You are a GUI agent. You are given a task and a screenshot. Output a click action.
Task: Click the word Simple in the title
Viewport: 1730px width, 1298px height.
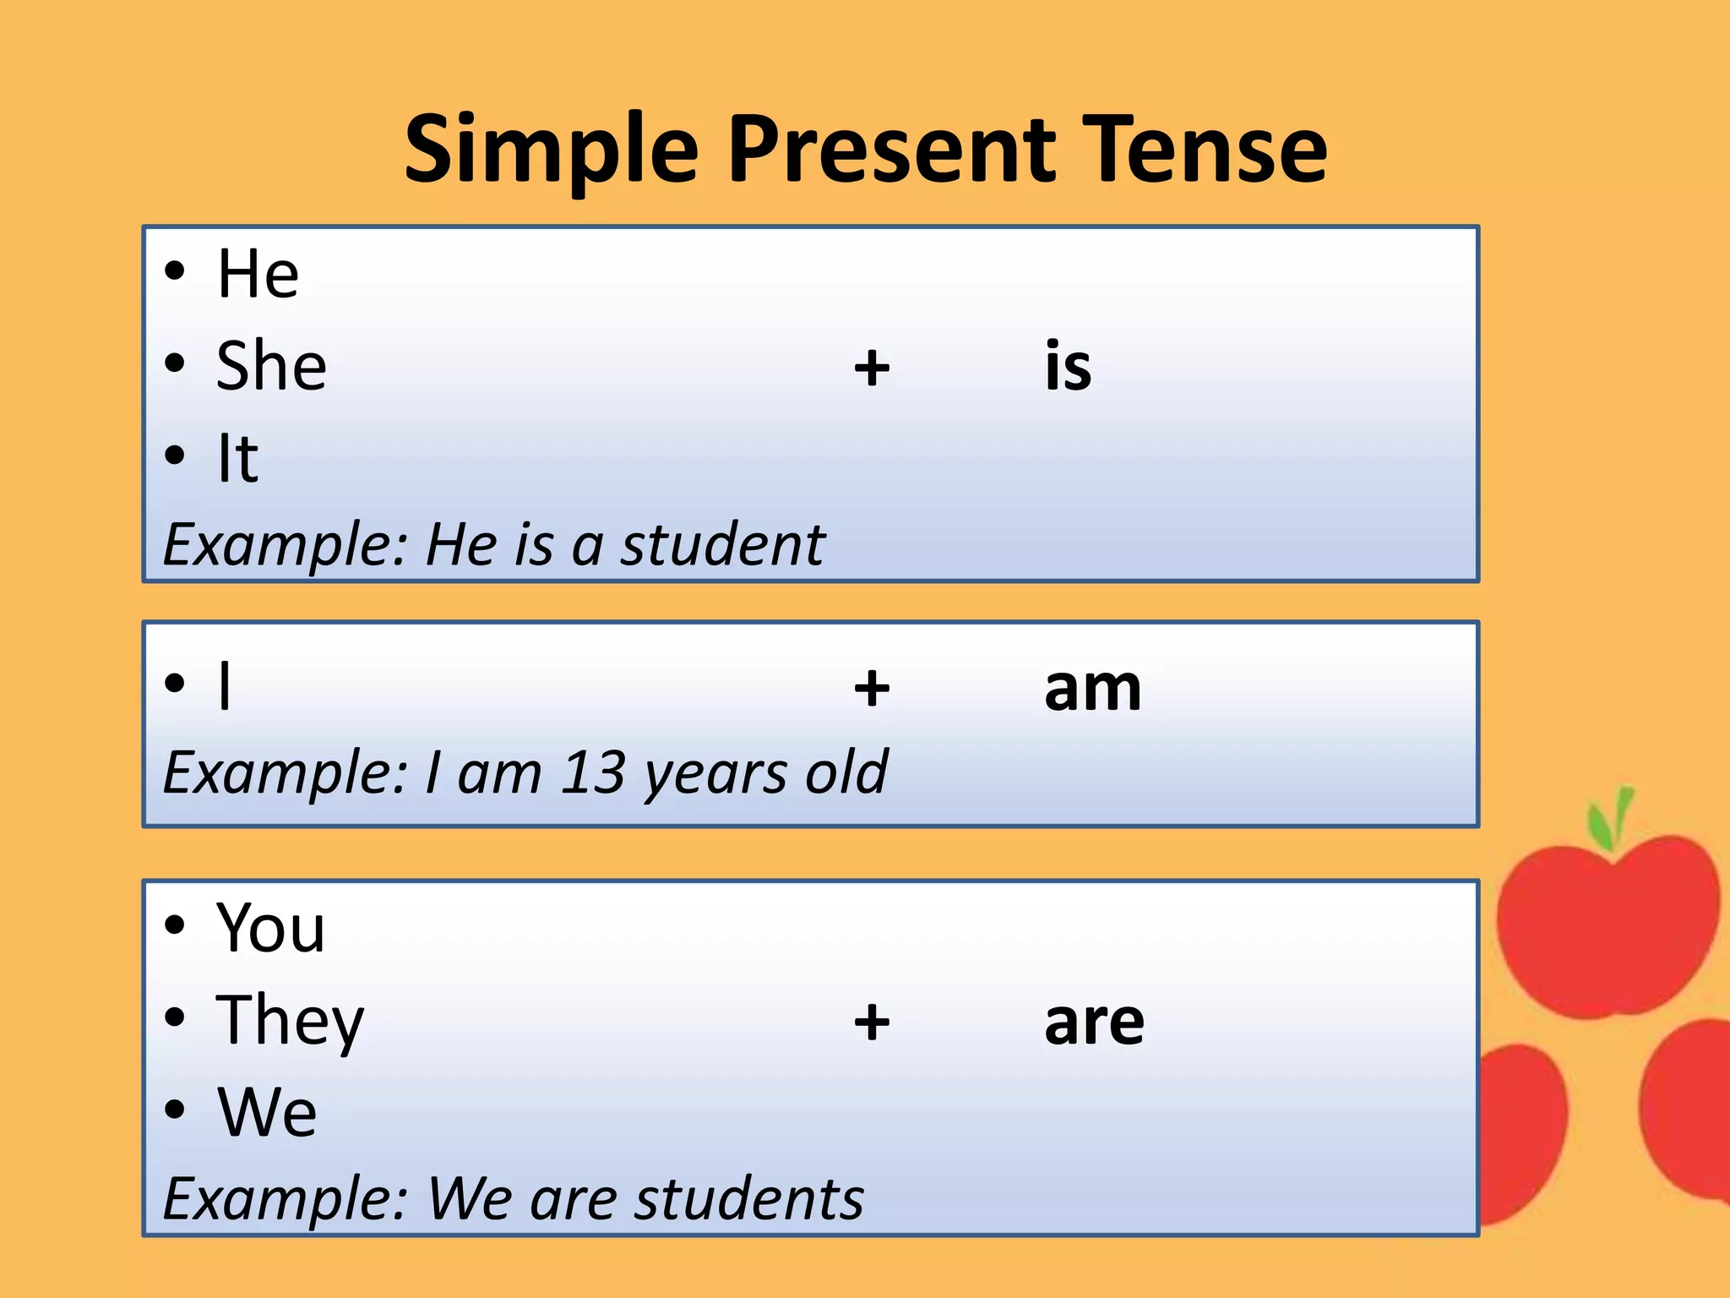click(552, 152)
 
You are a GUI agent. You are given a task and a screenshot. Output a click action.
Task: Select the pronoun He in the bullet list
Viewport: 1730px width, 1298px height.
click(258, 274)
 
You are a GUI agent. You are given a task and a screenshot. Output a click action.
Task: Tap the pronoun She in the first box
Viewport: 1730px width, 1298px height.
click(271, 366)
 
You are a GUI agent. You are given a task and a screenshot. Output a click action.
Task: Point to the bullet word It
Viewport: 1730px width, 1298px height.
click(237, 459)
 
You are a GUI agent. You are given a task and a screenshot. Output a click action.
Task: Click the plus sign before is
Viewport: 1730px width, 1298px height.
click(872, 368)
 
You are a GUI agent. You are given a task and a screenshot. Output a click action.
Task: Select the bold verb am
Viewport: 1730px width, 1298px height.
click(1092, 688)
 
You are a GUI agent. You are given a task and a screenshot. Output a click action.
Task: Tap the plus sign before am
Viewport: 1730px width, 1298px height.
click(872, 688)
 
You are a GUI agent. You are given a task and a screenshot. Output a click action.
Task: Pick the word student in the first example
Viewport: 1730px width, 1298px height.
click(722, 544)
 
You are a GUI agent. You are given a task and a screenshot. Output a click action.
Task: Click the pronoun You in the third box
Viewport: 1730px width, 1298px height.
click(270, 928)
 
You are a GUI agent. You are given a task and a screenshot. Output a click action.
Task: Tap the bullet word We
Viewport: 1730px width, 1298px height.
click(267, 1112)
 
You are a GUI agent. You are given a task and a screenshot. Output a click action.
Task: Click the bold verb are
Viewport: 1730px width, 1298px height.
click(1094, 1023)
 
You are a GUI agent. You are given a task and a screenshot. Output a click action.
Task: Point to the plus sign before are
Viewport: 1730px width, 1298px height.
click(872, 1023)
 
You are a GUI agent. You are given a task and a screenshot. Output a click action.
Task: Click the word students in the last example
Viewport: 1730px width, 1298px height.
click(748, 1198)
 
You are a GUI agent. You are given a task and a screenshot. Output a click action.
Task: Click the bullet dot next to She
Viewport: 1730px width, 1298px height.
click(175, 364)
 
